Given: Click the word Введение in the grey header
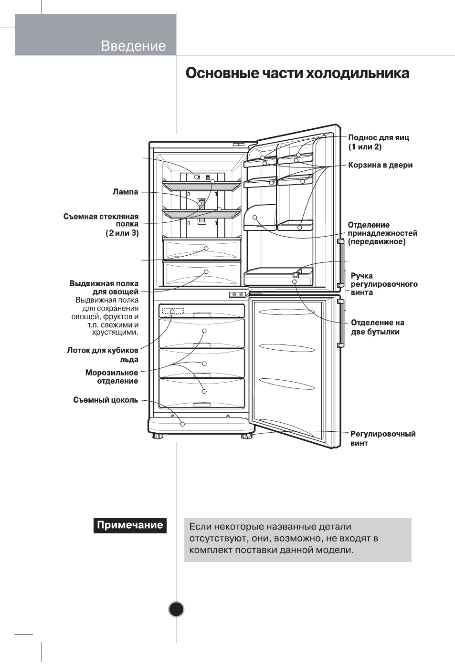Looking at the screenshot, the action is [133, 46].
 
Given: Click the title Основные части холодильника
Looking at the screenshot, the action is [297, 73].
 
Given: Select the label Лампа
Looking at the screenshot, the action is [125, 192].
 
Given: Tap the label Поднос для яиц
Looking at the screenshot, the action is [379, 138].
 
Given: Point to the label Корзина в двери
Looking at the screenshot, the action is [381, 165].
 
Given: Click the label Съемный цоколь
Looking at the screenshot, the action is [106, 400].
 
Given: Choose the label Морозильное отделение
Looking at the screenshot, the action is [112, 377].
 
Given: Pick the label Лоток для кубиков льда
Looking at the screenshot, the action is [103, 354].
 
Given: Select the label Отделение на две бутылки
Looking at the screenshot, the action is [377, 327].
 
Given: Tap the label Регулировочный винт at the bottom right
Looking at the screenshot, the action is [383, 438].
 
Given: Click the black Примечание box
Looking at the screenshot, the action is [130, 526].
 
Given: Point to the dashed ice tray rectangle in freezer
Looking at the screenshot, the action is [173, 311].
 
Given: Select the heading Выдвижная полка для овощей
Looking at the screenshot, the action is [104, 288].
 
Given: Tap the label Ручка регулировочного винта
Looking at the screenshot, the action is [384, 284].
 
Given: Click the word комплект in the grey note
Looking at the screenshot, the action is [211, 550].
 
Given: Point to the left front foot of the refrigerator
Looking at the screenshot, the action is [158, 437].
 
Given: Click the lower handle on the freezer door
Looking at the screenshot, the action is [341, 323].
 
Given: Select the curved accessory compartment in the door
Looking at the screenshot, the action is [260, 218].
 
